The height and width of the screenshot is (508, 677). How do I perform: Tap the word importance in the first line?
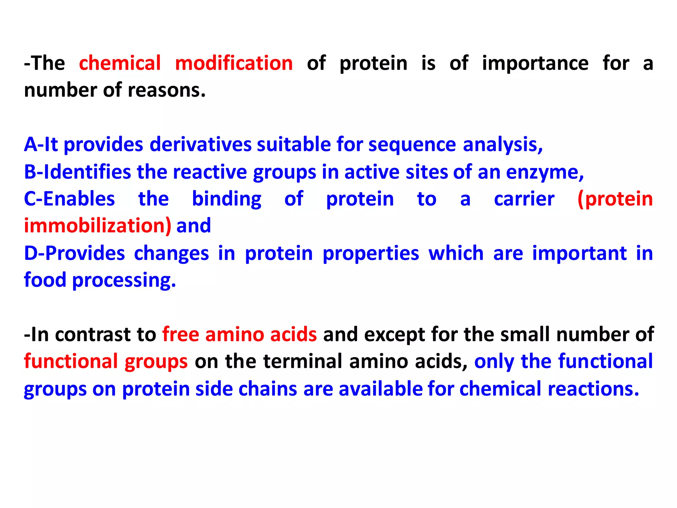click(x=535, y=63)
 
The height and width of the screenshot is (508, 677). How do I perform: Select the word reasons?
click(x=167, y=90)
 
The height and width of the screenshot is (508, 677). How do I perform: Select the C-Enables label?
click(x=69, y=199)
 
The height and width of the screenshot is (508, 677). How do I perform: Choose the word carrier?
click(x=524, y=199)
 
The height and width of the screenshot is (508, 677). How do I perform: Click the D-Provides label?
click(x=74, y=253)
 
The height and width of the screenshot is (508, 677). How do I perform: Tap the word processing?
click(x=124, y=281)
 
